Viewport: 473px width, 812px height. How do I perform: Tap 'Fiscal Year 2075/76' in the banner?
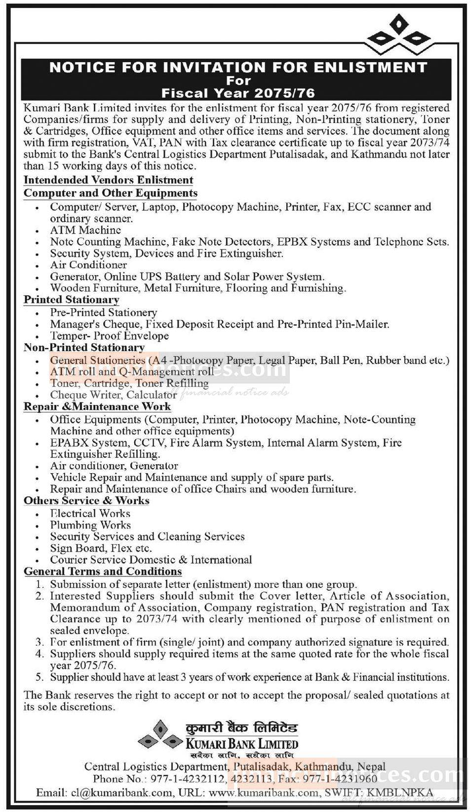[x=238, y=93]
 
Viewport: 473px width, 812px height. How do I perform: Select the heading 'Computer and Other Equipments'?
[x=111, y=193]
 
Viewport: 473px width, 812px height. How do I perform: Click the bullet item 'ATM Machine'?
[x=85, y=230]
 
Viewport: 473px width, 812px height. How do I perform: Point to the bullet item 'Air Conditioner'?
[x=88, y=265]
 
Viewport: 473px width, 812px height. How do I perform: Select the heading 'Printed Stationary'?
[x=72, y=300]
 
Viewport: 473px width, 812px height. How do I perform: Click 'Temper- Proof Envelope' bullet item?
[x=109, y=336]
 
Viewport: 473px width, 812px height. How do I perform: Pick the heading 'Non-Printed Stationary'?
[x=84, y=348]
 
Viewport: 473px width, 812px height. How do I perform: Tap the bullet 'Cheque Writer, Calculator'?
[x=113, y=395]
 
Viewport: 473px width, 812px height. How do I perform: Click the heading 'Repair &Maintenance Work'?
[x=97, y=407]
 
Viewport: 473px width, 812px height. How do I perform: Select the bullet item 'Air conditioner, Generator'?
[x=114, y=466]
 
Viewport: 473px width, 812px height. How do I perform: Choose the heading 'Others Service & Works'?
[x=86, y=501]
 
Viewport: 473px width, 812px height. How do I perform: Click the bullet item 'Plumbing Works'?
[x=90, y=525]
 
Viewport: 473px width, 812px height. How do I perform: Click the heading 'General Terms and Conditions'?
[x=103, y=572]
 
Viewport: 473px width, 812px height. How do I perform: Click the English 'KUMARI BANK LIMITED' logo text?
[x=242, y=743]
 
